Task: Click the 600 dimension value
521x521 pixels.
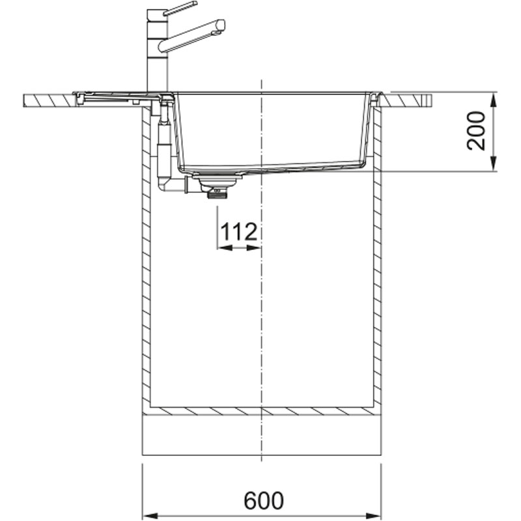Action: click(x=264, y=501)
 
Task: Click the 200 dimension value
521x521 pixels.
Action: click(x=476, y=131)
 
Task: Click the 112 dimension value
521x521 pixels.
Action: click(x=239, y=232)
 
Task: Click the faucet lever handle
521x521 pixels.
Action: click(x=180, y=8)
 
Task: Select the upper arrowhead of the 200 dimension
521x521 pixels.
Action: click(x=494, y=99)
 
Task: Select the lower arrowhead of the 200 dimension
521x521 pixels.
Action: click(x=494, y=165)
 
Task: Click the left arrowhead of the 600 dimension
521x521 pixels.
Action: click(x=149, y=515)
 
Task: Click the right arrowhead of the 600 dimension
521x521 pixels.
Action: click(x=374, y=515)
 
